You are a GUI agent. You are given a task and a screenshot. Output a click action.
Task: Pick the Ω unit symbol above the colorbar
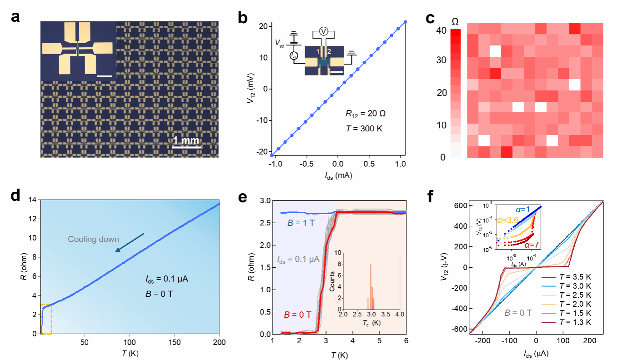(455, 21)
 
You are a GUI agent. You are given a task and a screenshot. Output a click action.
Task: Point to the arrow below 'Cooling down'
(130, 242)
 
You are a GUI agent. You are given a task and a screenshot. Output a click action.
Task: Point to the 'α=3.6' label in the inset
(487, 220)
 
